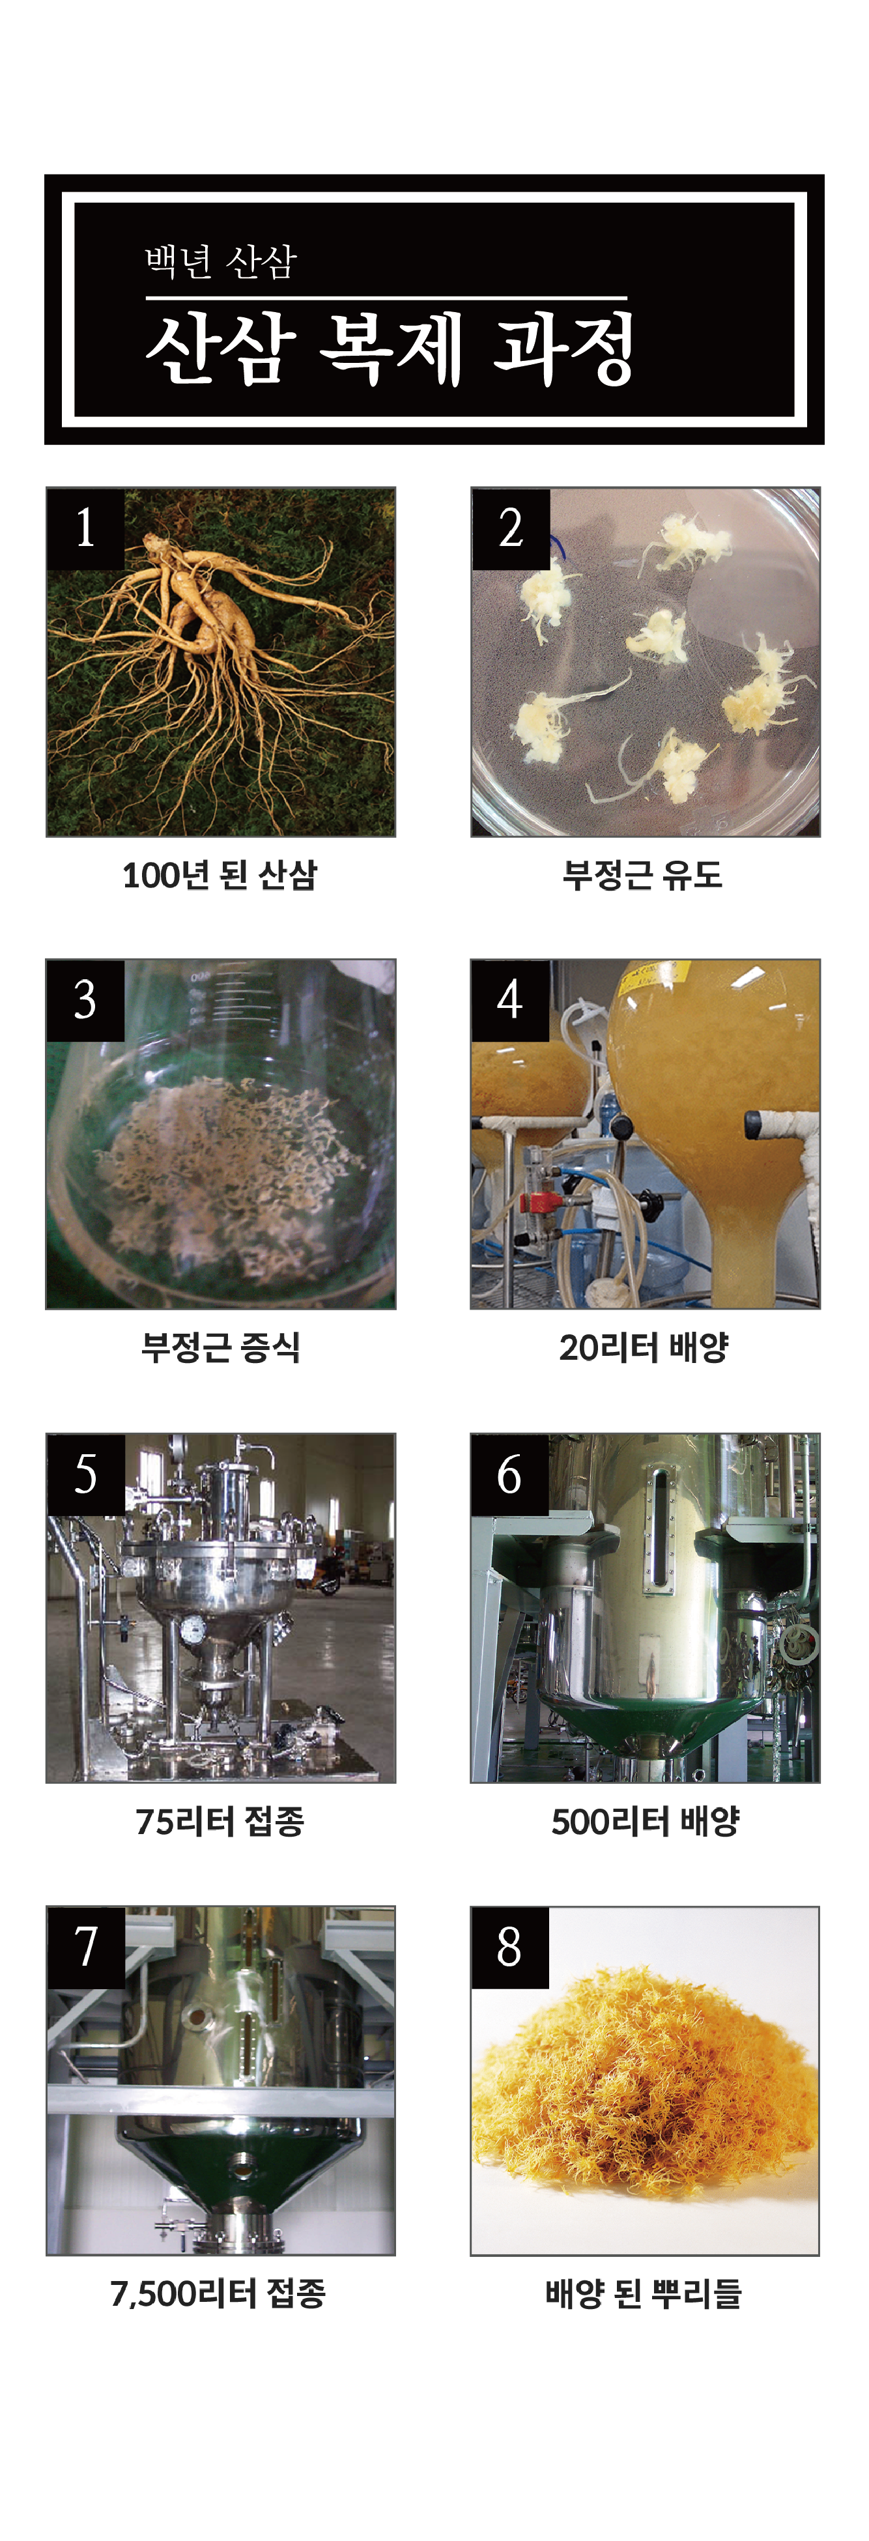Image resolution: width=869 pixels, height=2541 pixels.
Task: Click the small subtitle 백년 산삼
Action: [221, 261]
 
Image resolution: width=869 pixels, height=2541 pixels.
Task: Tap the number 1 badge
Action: [86, 528]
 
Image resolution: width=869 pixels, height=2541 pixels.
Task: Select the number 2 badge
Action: [511, 528]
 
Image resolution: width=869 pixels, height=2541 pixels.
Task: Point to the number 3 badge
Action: [86, 1000]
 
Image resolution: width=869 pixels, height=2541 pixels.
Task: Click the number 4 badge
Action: [511, 1000]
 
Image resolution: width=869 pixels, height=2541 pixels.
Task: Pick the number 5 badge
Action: [86, 1474]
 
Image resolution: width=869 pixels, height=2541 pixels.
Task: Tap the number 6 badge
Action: [511, 1474]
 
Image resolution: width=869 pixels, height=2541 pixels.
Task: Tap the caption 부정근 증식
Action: [221, 1347]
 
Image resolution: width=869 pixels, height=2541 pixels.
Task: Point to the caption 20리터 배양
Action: [644, 1347]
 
